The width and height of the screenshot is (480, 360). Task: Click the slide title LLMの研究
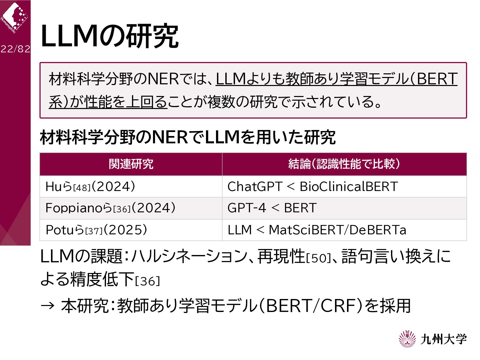click(110, 36)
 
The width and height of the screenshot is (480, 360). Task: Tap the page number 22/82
click(15, 49)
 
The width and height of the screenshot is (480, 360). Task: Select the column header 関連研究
click(131, 164)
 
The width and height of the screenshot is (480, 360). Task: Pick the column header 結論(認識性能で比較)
click(344, 164)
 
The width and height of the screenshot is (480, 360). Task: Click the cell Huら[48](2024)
click(90, 187)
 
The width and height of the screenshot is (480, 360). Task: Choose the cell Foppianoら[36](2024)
click(110, 208)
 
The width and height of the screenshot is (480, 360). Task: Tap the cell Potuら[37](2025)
click(96, 230)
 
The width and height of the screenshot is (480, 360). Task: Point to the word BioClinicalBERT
click(349, 186)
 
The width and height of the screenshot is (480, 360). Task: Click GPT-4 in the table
click(247, 208)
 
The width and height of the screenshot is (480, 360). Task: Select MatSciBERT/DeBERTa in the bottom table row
click(337, 230)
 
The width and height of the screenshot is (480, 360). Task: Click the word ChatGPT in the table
click(255, 186)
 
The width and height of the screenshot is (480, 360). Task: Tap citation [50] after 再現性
click(318, 258)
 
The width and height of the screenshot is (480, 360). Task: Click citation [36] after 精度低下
click(147, 281)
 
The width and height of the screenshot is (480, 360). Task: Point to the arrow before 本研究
click(47, 306)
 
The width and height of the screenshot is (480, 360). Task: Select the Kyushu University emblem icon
click(407, 339)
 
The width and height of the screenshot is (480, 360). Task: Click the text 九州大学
click(443, 339)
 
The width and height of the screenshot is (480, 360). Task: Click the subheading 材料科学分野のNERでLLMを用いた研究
click(188, 137)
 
